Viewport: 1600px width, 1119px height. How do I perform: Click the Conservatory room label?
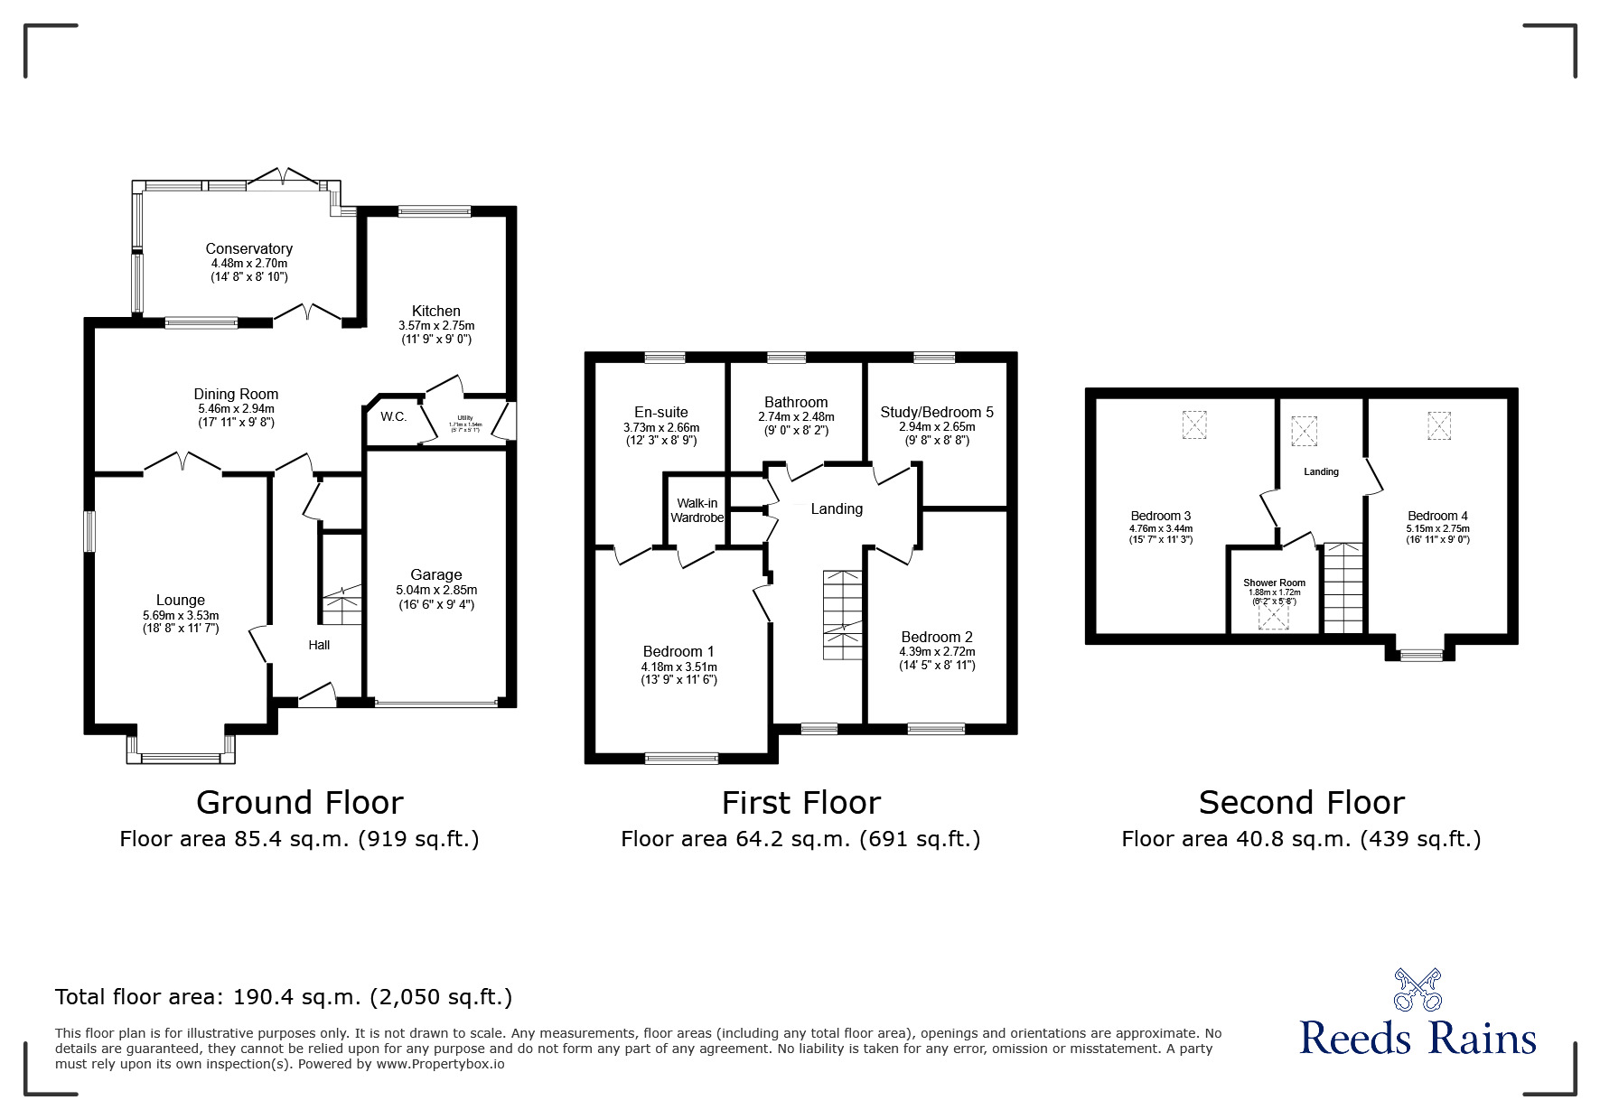[248, 248]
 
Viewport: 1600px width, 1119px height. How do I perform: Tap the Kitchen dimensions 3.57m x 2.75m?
[436, 325]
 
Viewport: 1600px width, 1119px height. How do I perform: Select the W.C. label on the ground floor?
[393, 416]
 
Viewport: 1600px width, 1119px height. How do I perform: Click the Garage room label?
[436, 574]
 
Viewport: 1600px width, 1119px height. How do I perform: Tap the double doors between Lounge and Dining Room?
[182, 463]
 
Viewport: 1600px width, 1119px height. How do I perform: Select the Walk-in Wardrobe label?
[697, 510]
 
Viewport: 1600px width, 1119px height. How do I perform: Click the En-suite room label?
[660, 412]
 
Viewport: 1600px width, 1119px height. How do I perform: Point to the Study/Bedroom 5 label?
[937, 412]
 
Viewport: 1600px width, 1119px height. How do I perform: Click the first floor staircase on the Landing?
[843, 614]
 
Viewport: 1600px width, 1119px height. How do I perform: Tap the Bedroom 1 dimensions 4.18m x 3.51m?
[678, 667]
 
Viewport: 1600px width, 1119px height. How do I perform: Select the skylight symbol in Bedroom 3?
[1194, 424]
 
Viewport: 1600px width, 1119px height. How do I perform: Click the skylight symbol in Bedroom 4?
[1438, 425]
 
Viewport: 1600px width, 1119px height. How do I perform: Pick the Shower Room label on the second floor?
[1274, 583]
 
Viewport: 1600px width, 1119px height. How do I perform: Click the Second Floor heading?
[1301, 802]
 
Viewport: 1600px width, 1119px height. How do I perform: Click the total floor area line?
[284, 997]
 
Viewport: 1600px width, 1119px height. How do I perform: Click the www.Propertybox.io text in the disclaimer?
[441, 1064]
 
